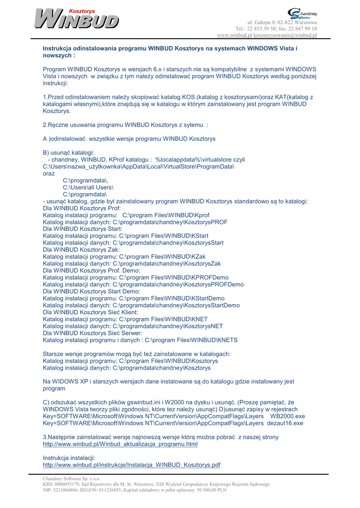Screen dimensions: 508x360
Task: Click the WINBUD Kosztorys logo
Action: [76, 19]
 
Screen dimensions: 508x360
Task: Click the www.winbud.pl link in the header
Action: [234, 35]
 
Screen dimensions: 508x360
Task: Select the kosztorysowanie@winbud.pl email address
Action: [285, 35]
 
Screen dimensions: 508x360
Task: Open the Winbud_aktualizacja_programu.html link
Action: [120, 444]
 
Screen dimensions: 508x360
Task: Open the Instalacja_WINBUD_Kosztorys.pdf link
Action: [132, 465]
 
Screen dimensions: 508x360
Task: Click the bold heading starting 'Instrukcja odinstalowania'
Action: [170, 52]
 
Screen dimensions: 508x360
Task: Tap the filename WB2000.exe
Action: [288, 416]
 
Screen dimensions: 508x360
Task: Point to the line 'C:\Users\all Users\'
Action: [88, 188]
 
